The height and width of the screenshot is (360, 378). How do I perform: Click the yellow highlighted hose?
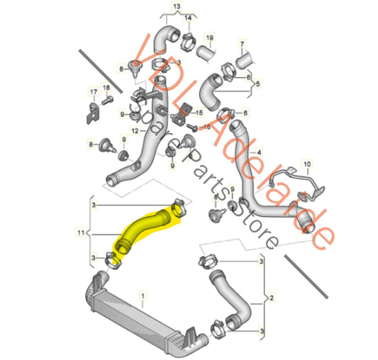tap(145, 228)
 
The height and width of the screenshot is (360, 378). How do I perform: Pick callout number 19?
tap(209, 37)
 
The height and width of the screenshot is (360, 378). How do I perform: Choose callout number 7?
tap(241, 45)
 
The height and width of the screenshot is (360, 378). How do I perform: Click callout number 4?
tap(259, 152)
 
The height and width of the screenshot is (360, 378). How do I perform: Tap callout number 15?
tap(200, 113)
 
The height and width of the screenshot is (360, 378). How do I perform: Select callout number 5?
tap(258, 83)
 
